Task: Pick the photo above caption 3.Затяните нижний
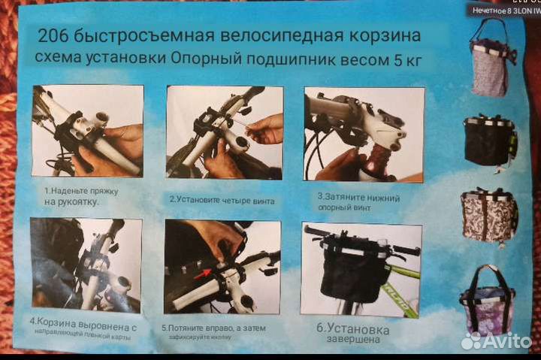[363, 134]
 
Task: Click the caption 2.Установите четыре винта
[221, 200]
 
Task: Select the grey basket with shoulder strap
[490, 62]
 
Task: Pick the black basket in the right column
[488, 140]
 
